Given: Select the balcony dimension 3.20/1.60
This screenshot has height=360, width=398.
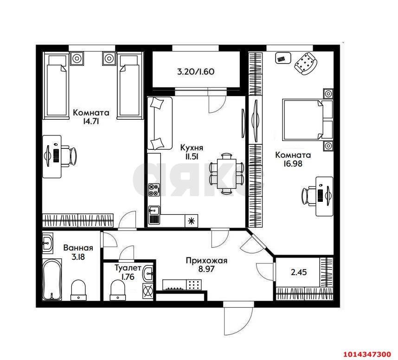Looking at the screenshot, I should (195, 72).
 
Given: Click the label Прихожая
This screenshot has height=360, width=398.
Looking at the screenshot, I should (206, 261).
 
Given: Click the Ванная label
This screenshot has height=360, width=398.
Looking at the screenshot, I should (78, 248).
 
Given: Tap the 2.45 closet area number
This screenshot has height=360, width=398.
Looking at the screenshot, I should (299, 272).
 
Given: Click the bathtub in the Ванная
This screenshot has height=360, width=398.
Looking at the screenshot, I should (51, 281).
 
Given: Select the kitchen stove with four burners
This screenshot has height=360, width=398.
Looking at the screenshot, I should (154, 189).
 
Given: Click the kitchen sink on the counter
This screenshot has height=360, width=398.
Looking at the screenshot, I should (154, 214).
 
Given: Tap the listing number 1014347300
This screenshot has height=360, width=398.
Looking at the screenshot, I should (367, 354).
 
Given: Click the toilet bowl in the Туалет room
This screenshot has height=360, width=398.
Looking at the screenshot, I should (118, 289).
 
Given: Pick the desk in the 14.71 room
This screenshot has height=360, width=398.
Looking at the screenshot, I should (52, 156).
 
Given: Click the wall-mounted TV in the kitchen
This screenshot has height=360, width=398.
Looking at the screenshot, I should (243, 122).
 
